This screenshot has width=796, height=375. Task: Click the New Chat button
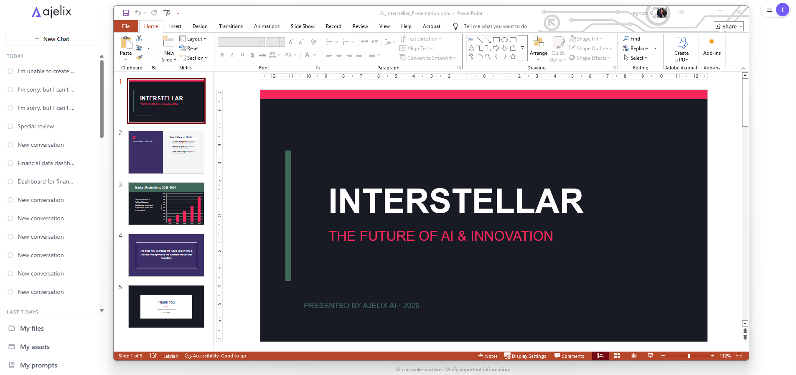52,39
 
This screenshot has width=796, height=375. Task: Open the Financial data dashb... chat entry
46,163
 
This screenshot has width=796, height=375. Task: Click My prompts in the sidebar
38,365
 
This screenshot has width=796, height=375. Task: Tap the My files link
32,328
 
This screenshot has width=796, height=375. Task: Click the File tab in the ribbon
126,26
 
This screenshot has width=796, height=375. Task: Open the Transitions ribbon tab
231,26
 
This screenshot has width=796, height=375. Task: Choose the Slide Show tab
303,26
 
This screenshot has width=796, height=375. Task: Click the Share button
729,26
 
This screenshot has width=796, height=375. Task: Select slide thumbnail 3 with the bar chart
166,204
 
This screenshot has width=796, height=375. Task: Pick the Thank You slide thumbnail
166,306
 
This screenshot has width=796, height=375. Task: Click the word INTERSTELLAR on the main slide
456,201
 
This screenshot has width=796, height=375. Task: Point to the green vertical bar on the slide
288,215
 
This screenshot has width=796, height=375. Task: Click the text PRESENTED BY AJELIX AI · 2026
361,306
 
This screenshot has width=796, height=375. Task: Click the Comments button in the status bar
569,356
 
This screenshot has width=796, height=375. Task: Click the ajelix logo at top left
52,12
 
